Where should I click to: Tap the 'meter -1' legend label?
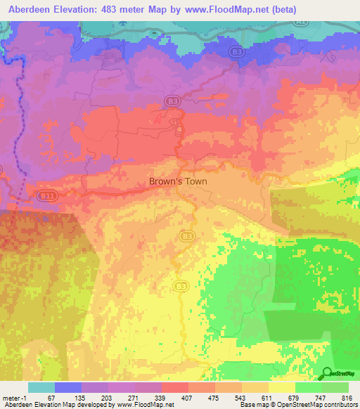pyautogui.click(x=15, y=397)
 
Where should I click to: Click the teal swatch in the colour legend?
pyautogui.click(x=41, y=387)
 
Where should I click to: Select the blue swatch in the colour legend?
pyautogui.click(x=67, y=387)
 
